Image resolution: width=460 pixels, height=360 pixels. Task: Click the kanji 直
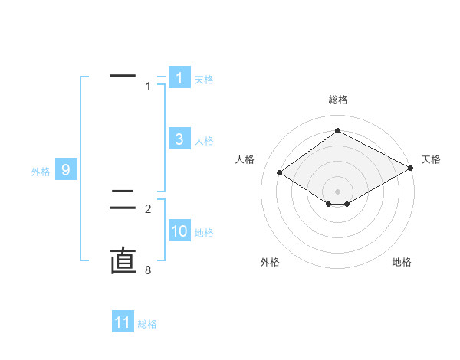[123, 261]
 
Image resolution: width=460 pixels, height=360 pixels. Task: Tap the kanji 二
[123, 201]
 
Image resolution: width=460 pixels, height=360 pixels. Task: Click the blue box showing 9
[66, 170]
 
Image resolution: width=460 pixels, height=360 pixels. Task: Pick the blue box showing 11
[123, 322]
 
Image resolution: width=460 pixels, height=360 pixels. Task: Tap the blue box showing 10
[179, 231]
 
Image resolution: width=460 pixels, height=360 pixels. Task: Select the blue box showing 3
[179, 139]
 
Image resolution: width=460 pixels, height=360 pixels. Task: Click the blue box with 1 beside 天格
[179, 77]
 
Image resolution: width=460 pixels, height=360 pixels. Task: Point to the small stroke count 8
[148, 270]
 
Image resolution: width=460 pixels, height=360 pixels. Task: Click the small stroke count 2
[148, 208]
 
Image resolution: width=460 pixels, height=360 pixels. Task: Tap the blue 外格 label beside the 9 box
[41, 172]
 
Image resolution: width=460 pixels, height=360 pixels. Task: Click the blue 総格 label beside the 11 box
[147, 324]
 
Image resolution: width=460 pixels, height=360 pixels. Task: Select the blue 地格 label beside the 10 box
[204, 233]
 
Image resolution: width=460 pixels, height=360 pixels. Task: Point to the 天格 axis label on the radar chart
[431, 159]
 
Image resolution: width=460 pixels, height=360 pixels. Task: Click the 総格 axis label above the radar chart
[338, 100]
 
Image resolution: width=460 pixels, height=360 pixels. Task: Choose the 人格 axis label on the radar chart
[245, 159]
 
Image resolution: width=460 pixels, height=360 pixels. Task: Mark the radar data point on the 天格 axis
[411, 168]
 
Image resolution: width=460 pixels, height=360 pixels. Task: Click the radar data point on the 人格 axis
[280, 173]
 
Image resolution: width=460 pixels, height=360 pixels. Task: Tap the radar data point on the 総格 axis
[338, 131]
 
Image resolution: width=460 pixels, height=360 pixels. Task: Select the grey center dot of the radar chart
[338, 191]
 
